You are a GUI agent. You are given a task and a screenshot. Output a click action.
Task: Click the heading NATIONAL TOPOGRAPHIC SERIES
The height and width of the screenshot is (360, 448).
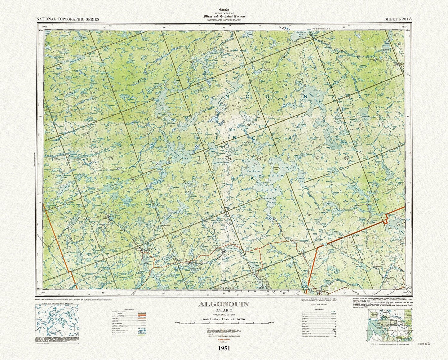[68, 19]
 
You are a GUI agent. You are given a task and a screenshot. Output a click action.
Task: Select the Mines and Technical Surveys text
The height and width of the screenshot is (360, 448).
[224, 16]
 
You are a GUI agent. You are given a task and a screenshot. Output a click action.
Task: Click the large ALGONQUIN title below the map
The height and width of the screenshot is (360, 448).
[224, 304]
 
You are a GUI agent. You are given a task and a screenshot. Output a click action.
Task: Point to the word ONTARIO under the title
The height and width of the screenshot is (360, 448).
[224, 310]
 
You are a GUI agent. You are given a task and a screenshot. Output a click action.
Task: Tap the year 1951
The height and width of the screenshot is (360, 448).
[224, 348]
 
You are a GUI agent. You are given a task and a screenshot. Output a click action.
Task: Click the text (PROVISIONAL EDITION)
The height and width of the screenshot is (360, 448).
[224, 315]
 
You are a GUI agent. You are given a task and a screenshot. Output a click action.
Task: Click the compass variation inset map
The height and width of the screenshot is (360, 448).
[57, 319]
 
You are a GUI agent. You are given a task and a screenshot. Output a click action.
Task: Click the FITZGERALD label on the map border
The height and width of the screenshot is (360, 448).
[322, 29]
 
